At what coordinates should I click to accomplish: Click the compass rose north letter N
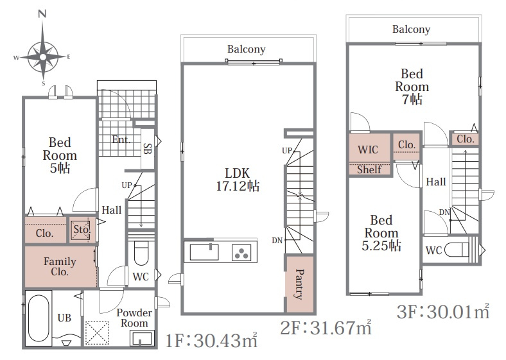pos(42,13)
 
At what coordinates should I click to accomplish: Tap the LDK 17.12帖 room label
pos(238,180)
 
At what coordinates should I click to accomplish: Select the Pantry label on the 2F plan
pos(299,284)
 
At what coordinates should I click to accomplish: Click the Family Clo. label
pos(60,266)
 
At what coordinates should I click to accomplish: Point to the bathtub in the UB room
pos(39,318)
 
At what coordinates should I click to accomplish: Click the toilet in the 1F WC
pos(141,253)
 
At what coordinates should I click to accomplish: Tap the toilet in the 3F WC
pos(457,250)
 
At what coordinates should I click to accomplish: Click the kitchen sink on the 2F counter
pos(204,252)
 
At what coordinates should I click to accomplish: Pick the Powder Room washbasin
pos(142,338)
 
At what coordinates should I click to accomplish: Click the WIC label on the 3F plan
pos(368,150)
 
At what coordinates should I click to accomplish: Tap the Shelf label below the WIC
pos(369,169)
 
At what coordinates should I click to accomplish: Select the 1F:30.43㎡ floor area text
pos(212,340)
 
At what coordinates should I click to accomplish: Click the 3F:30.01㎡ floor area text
pos(443,312)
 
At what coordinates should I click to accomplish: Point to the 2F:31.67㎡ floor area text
pos(326,328)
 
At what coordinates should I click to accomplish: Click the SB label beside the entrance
pos(147,148)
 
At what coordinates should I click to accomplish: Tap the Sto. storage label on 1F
pos(81,229)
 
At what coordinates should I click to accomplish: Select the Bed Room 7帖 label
pos(412,87)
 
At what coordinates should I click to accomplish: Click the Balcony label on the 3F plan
pos(412,30)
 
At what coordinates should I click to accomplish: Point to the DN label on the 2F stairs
pos(277,241)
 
